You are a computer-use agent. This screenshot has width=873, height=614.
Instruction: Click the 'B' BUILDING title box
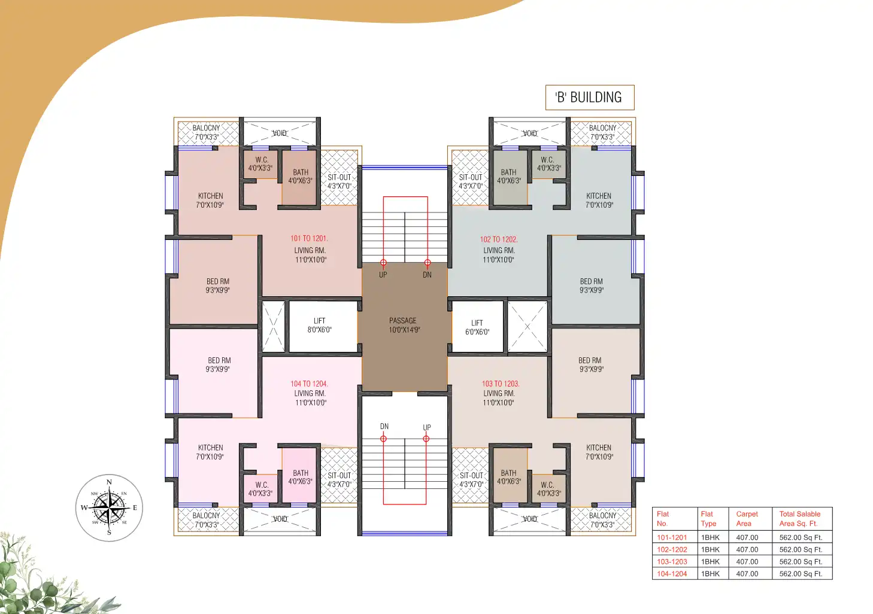pyautogui.click(x=589, y=98)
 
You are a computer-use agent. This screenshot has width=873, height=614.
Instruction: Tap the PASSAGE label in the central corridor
pyautogui.click(x=403, y=321)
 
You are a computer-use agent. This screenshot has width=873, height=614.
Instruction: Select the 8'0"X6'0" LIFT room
pyautogui.click(x=320, y=326)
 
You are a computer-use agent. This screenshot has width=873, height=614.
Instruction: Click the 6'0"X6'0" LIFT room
pyautogui.click(x=477, y=327)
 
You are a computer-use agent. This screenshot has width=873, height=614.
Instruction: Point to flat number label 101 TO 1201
pyautogui.click(x=309, y=238)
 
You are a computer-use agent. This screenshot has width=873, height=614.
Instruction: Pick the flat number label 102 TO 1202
pyautogui.click(x=498, y=239)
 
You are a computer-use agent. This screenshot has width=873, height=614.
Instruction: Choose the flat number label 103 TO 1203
pyautogui.click(x=500, y=384)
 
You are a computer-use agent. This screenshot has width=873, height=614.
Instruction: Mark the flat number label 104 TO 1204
pyautogui.click(x=309, y=384)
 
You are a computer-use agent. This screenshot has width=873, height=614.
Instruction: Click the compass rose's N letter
pyautogui.click(x=109, y=482)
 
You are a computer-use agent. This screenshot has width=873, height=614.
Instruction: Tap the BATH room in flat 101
pyautogui.click(x=300, y=177)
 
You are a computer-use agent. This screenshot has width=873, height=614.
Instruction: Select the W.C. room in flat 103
pyautogui.click(x=548, y=489)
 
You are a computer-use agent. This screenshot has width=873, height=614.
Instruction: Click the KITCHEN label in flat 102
pyautogui.click(x=599, y=196)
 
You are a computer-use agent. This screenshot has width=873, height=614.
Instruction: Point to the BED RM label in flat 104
pyautogui.click(x=219, y=361)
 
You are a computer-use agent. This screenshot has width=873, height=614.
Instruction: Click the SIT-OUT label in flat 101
pyautogui.click(x=339, y=178)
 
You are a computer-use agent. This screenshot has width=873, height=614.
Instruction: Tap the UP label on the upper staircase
pyautogui.click(x=383, y=275)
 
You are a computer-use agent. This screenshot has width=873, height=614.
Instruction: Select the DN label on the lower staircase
pyautogui.click(x=384, y=427)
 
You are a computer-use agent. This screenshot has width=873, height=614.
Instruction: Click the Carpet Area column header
pyautogui.click(x=747, y=518)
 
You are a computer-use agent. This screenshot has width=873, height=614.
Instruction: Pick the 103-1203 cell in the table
pyautogui.click(x=672, y=562)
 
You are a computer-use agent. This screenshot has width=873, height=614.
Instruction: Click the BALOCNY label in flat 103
pyautogui.click(x=602, y=516)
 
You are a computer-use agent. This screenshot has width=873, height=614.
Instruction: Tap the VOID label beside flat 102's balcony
pyautogui.click(x=530, y=133)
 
